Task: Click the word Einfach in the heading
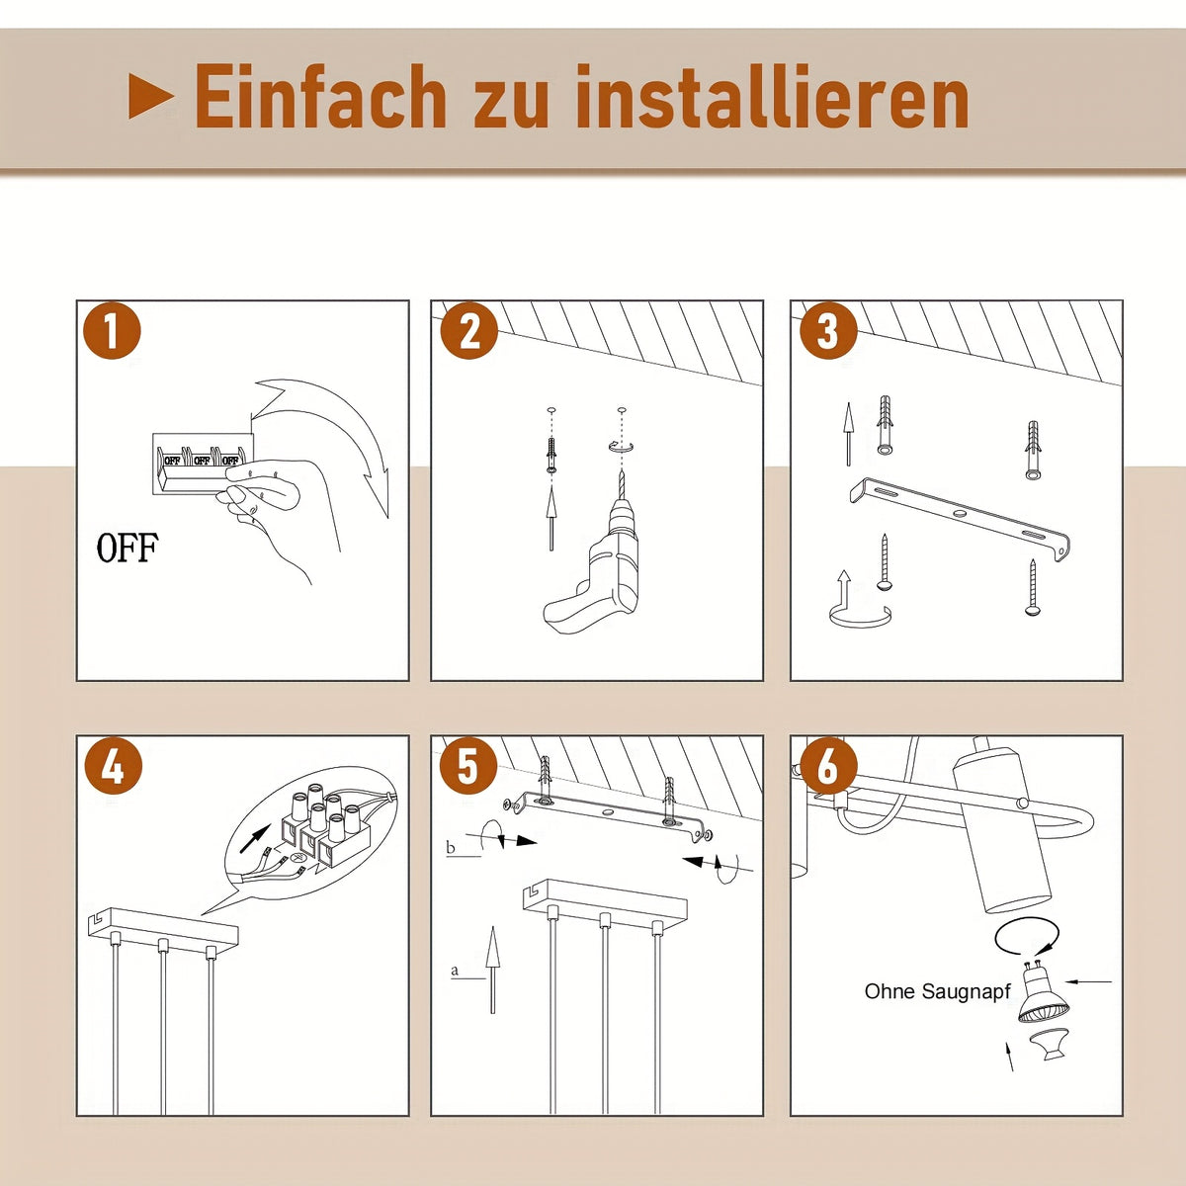(x=320, y=96)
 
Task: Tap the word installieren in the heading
(x=773, y=96)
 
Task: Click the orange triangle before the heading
(x=151, y=96)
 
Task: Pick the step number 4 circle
(x=112, y=767)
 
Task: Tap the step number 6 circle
(x=828, y=767)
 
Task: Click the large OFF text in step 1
(x=127, y=548)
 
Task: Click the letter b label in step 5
(x=451, y=847)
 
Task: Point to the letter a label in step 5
(x=455, y=971)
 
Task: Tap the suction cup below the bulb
(x=1048, y=1048)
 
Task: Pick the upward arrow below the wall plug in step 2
(x=551, y=518)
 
